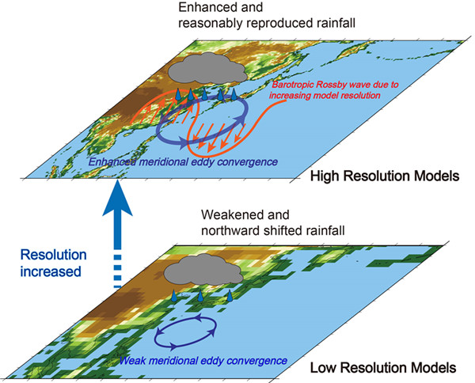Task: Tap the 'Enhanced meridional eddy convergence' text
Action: [191, 162]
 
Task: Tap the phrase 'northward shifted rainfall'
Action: [241, 233]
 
